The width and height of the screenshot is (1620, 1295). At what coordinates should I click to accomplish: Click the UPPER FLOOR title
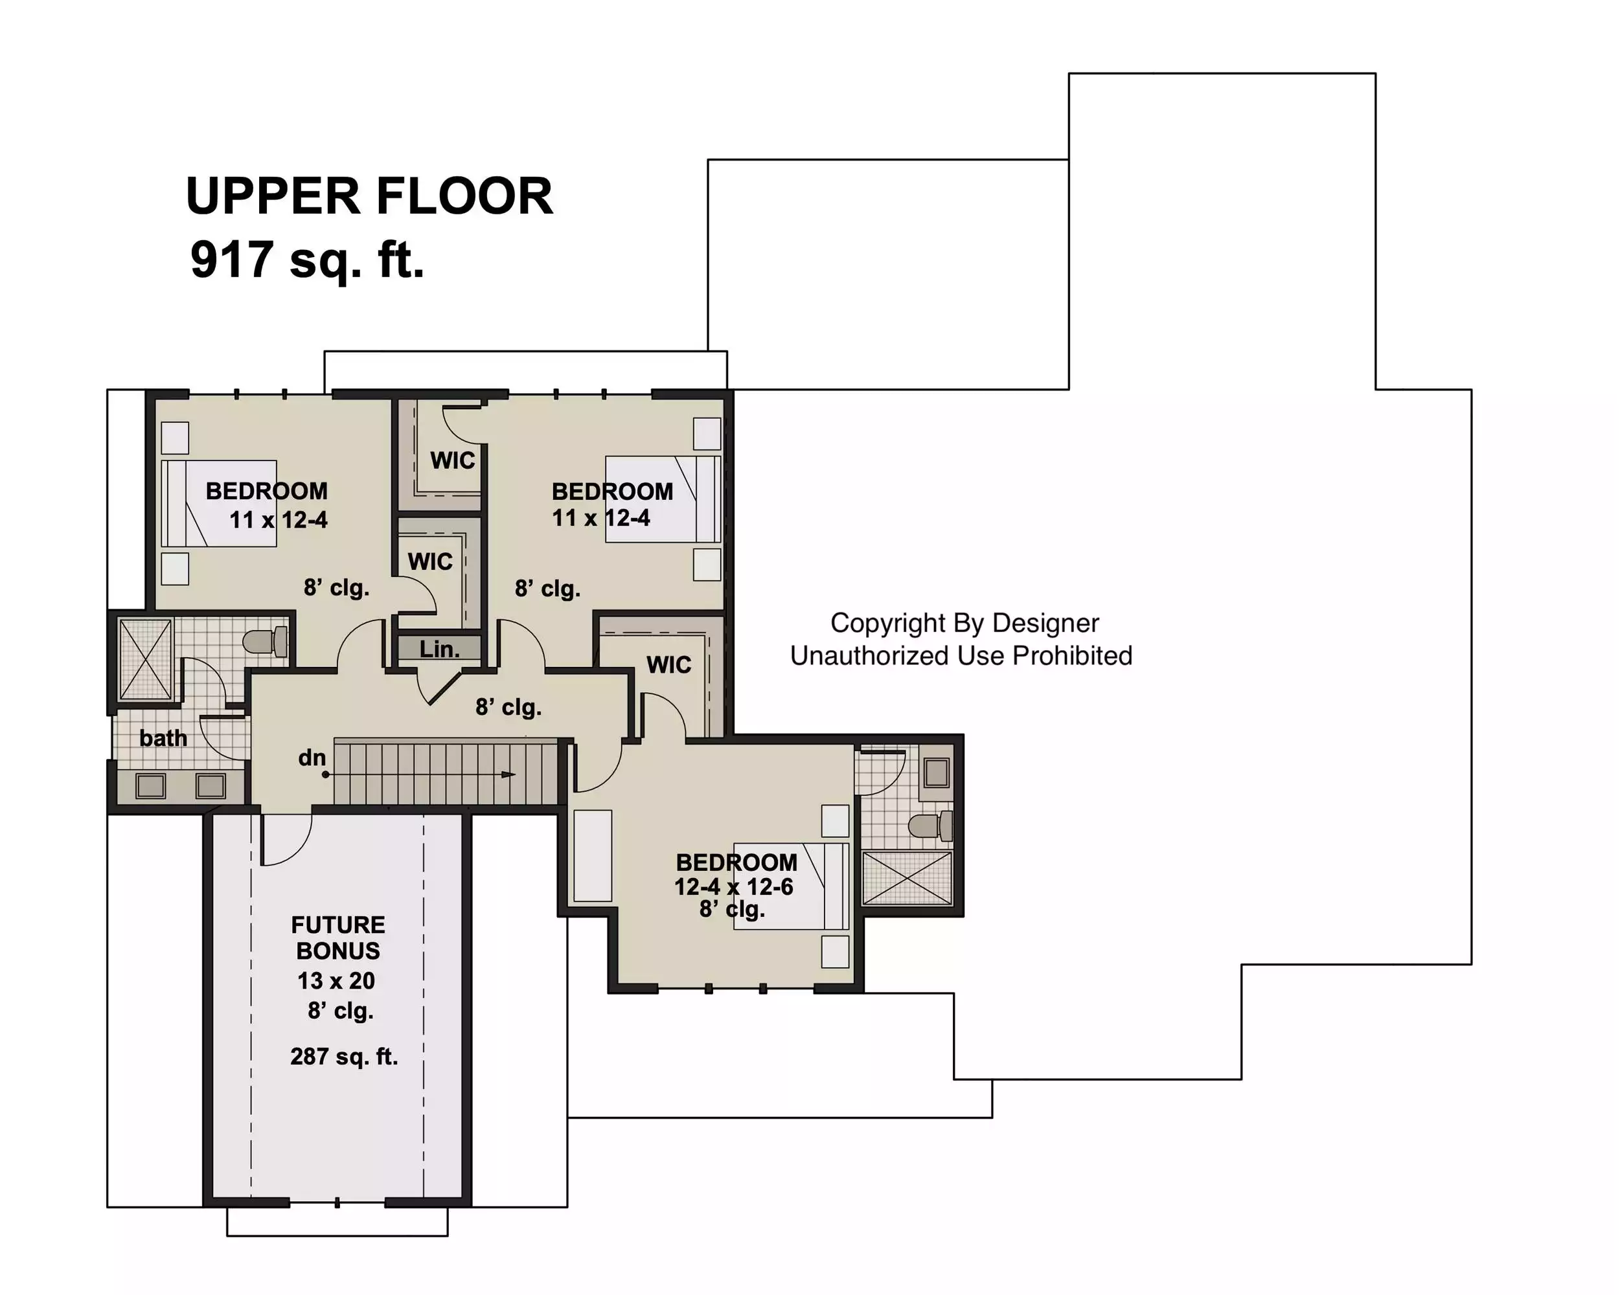(x=369, y=196)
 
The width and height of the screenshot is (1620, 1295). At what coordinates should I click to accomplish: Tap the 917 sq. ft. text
(x=307, y=259)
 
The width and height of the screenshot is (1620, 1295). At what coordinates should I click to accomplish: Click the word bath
(x=163, y=738)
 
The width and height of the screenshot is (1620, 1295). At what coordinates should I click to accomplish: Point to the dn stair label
(x=312, y=757)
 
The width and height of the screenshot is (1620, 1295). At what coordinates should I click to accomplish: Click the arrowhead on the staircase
(x=508, y=774)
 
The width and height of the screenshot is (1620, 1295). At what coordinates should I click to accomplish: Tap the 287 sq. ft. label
(x=344, y=1057)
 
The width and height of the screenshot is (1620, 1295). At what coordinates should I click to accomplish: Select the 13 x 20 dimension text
(x=336, y=981)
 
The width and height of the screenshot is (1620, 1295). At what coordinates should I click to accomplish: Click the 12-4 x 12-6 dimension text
(x=733, y=887)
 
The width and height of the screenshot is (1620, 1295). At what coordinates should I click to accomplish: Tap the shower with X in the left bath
(x=146, y=660)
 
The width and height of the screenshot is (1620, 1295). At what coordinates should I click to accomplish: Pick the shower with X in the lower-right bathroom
(x=907, y=877)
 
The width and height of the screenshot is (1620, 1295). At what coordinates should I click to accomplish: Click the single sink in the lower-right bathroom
(x=936, y=772)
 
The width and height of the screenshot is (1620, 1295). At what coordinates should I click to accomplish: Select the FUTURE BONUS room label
(x=338, y=938)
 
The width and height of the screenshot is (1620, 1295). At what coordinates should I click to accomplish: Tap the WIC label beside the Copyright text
(x=668, y=665)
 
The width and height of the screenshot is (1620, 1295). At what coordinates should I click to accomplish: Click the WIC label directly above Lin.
(x=431, y=561)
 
